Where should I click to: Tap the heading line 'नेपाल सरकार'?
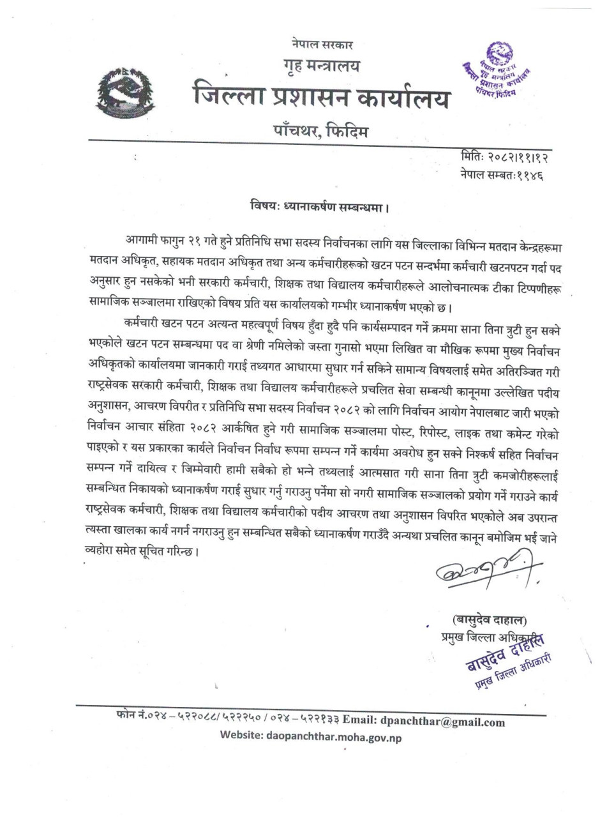click(320, 45)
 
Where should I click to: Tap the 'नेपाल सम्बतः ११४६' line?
click(501, 173)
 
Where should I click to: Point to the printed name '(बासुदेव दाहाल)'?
click(490, 619)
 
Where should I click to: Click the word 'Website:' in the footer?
click(240, 736)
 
